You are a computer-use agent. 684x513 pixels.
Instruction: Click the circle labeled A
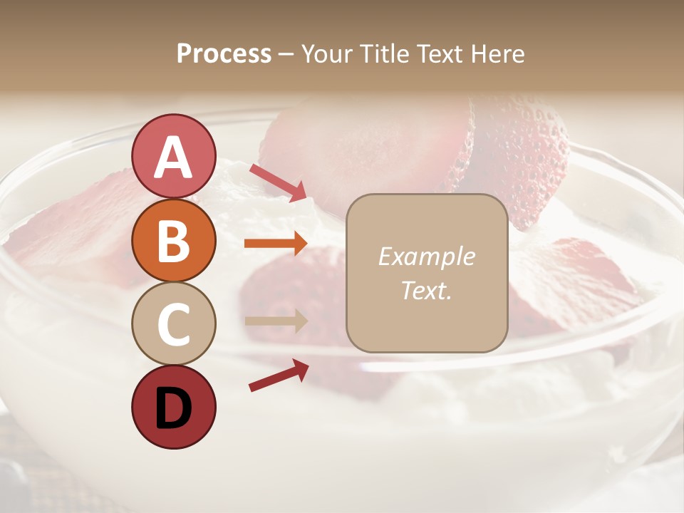pos(173,156)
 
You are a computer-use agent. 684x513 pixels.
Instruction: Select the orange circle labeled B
pos(173,240)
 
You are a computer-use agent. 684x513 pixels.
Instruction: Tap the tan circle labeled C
pos(173,323)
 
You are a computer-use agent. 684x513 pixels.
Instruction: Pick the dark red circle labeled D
pos(173,408)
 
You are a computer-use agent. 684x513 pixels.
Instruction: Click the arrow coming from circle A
pos(278,182)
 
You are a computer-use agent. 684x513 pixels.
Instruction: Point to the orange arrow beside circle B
pos(276,244)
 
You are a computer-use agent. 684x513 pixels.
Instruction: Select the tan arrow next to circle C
pos(276,321)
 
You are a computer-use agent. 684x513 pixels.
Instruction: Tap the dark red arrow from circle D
pos(279,375)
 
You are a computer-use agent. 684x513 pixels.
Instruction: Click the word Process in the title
pos(224,54)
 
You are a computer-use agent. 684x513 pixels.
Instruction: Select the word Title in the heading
pos(384,54)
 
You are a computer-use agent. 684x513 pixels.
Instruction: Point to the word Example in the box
pos(427,256)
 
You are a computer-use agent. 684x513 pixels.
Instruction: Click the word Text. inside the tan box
pos(427,290)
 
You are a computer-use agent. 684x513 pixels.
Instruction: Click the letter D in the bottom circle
pos(173,409)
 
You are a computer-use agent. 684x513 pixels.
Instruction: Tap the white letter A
pos(173,157)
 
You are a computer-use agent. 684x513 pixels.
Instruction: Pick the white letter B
pos(173,241)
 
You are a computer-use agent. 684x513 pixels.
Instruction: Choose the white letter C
pos(173,324)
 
